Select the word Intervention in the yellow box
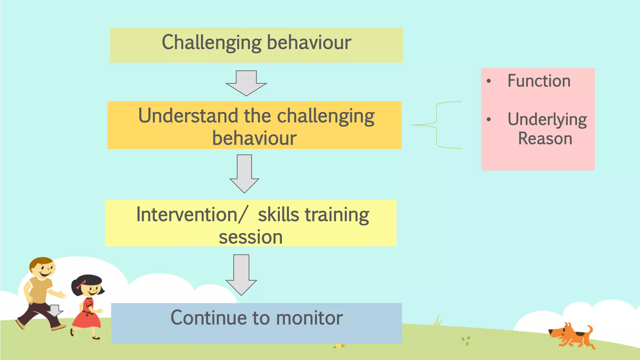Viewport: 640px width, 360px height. [187, 215]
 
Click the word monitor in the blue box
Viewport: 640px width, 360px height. [309, 318]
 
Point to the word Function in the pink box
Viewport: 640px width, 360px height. [539, 81]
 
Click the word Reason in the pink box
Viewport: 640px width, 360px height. [545, 138]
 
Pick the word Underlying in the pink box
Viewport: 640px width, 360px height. [547, 120]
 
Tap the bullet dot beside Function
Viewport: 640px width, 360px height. [489, 81]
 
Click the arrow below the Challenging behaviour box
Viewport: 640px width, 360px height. [246, 83]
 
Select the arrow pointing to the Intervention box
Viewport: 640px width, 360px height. [244, 174]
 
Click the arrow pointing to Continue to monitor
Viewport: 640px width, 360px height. [241, 275]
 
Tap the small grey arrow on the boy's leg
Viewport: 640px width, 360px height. [55, 310]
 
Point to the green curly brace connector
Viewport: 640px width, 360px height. [437, 125]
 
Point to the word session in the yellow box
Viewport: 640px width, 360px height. [250, 237]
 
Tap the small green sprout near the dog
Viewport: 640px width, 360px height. [466, 340]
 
